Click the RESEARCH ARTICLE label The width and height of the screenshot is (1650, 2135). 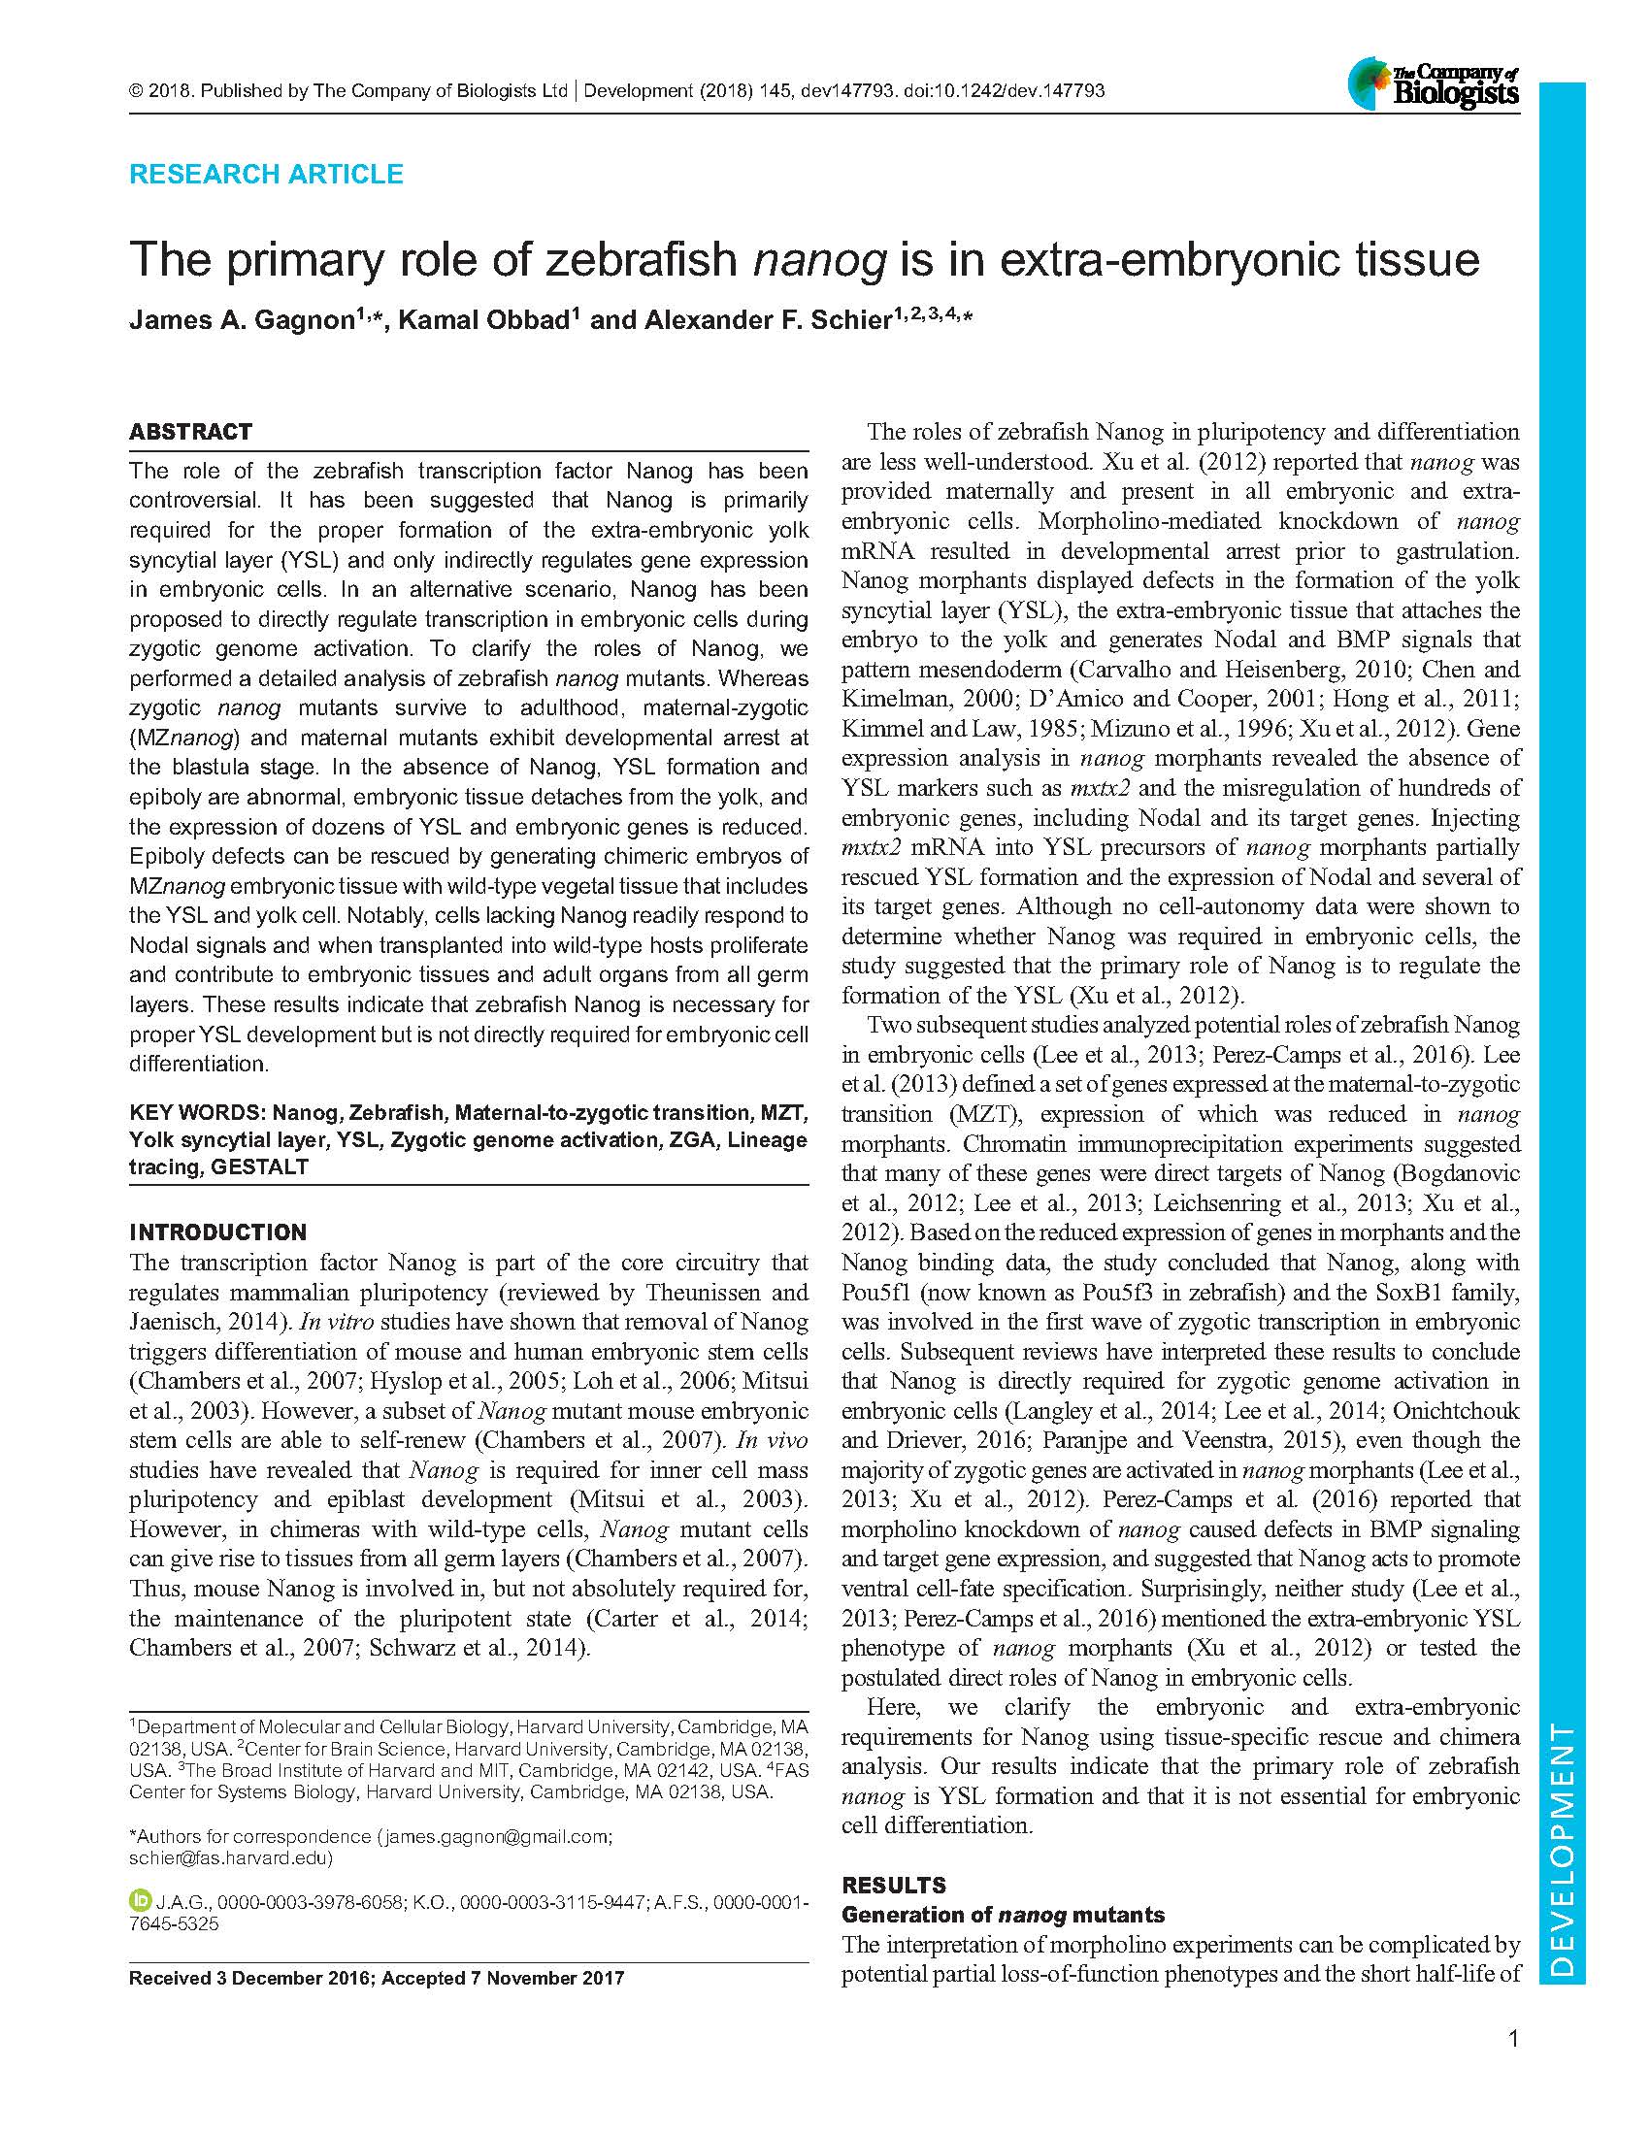266,174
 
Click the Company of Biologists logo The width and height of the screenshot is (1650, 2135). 1433,83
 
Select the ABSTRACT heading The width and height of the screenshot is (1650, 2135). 190,432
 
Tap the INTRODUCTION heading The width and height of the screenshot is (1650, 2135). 218,1232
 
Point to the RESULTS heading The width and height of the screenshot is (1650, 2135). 893,1885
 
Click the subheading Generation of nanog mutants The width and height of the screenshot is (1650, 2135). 1003,1914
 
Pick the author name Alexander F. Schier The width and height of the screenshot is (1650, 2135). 766,320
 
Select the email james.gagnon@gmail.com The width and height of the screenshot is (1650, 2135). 497,1836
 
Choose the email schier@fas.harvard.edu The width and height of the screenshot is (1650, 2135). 231,1857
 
